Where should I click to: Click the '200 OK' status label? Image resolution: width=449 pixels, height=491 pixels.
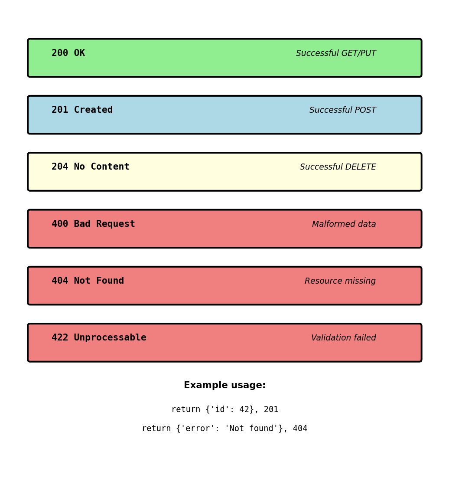click(x=68, y=53)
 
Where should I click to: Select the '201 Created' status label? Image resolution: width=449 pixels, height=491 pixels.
click(x=82, y=110)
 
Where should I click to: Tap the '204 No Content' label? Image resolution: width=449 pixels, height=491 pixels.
click(x=90, y=167)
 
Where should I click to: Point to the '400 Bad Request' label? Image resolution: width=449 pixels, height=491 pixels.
click(x=93, y=224)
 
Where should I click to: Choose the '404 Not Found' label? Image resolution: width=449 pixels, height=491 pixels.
click(x=88, y=281)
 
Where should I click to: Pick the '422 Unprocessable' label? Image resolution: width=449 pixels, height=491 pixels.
click(x=99, y=338)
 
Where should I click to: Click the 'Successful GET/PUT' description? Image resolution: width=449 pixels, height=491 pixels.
click(x=336, y=53)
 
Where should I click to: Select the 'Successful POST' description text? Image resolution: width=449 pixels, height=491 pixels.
click(x=342, y=110)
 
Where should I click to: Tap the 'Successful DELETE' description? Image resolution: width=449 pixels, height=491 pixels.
click(x=338, y=167)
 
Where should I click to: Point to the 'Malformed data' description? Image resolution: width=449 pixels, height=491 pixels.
click(x=344, y=224)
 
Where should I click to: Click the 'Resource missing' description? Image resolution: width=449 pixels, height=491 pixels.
click(x=340, y=281)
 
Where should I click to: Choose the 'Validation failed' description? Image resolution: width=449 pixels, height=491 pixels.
click(x=343, y=338)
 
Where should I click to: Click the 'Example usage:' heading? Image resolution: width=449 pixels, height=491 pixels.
click(x=224, y=386)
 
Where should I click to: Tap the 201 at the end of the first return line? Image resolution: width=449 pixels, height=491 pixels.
click(x=271, y=409)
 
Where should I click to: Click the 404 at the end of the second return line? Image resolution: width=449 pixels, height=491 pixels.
click(x=300, y=429)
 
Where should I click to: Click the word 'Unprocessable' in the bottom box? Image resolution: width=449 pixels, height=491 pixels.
click(x=110, y=338)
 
